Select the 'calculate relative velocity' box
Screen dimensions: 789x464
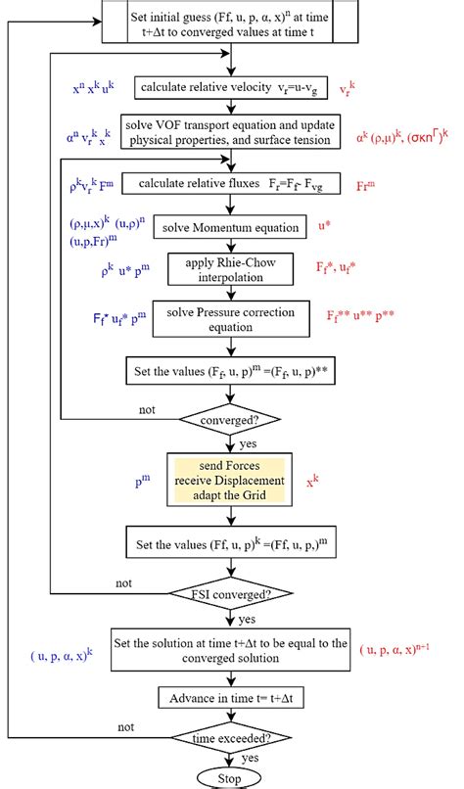[x=229, y=89]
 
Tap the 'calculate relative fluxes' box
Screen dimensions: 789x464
[x=229, y=183]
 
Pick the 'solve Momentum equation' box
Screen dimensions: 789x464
[x=229, y=227]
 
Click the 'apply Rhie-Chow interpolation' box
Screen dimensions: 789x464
[x=229, y=271]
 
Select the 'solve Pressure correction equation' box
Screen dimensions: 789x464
[x=229, y=320]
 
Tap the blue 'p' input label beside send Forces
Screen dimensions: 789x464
[x=143, y=482]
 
